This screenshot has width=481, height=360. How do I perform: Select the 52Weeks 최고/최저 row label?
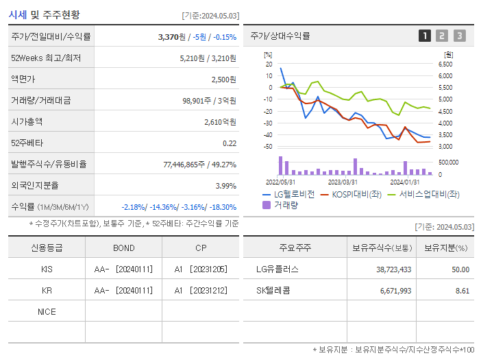coord(47,58)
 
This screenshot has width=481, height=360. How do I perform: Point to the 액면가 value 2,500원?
coord(223,80)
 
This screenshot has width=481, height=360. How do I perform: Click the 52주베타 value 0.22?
coord(230,143)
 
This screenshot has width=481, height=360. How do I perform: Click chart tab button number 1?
coord(425,36)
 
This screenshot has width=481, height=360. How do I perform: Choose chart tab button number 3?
coord(459,36)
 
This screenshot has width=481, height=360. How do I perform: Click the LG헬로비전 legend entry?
coord(288,194)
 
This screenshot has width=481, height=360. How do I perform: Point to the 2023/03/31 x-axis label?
coord(343,182)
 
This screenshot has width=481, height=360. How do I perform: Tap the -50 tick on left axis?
coord(268,147)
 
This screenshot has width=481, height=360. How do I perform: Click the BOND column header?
coord(123,248)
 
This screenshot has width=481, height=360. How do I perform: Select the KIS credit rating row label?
coord(47,269)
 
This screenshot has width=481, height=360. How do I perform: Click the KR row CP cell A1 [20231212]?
coord(200,291)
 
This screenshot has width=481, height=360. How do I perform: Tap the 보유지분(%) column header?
coord(445,248)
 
